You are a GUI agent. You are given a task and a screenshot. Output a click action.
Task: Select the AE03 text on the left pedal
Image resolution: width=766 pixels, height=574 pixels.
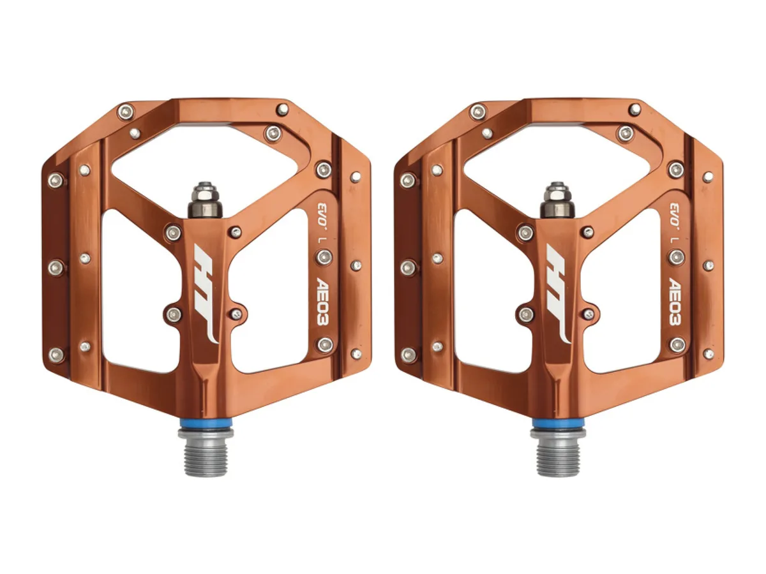324,301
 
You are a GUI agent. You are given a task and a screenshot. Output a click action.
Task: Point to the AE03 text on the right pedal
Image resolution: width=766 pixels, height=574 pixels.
676,301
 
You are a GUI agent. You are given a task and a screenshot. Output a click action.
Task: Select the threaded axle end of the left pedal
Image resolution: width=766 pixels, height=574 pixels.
206,453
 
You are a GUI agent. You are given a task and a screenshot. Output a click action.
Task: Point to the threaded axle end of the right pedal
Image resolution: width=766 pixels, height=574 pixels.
558,453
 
